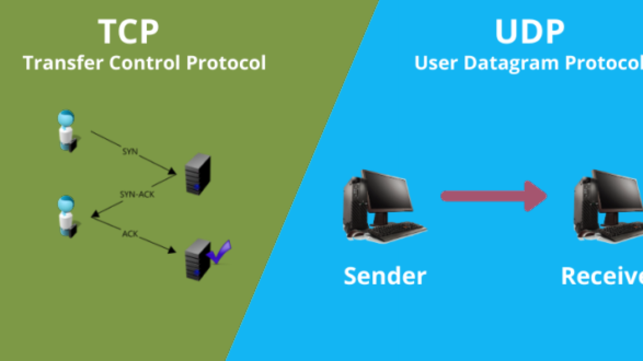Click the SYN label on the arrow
tap(130, 151)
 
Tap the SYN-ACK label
tap(137, 195)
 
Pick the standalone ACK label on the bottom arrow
tap(130, 234)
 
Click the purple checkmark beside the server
tap(219, 251)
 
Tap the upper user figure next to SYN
tap(67, 131)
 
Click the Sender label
tap(385, 276)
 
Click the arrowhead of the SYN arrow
tap(173, 172)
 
